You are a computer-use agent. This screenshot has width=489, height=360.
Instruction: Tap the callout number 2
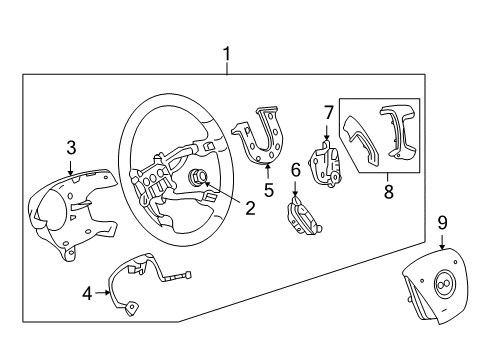(250, 208)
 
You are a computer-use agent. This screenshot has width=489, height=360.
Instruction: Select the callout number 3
(71, 149)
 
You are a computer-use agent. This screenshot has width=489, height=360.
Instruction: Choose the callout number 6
(296, 171)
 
